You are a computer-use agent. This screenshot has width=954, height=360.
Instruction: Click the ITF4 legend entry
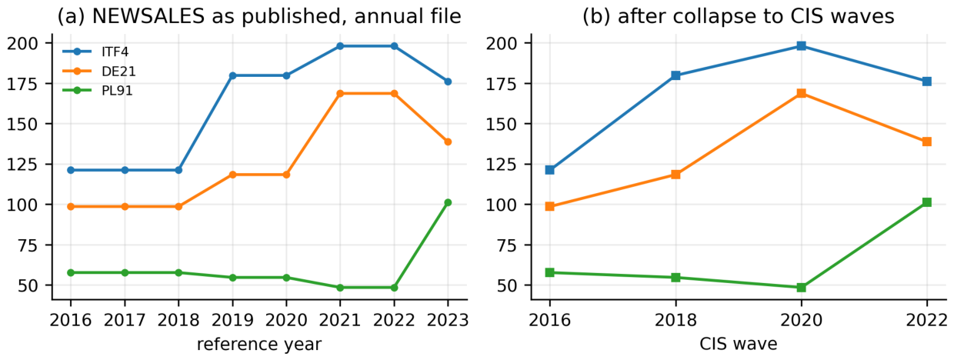coord(96,52)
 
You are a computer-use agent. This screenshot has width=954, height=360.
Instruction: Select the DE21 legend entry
coord(99,72)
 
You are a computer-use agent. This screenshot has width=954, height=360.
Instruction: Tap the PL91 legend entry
coord(98,91)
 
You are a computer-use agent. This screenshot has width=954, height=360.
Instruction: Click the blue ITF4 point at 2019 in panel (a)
coord(232,76)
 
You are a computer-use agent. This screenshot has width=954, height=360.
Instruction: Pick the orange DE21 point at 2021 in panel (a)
coord(340,94)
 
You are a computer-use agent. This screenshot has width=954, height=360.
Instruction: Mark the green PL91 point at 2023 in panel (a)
coord(448,203)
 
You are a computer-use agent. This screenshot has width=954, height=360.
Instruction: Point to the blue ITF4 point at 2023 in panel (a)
coord(448,82)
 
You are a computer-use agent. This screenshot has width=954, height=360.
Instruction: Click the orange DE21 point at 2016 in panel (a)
coord(71,207)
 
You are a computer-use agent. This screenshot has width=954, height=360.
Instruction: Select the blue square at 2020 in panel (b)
coord(801,46)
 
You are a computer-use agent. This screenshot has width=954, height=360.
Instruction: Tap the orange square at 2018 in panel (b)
coord(675,175)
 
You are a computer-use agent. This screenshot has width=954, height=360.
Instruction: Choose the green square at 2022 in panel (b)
coord(927,202)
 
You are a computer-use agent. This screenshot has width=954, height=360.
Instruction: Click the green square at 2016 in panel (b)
coord(550,272)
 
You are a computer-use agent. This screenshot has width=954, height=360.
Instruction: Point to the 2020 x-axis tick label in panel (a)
coord(286,320)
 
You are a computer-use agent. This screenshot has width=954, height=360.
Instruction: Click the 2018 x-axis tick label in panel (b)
coord(675,320)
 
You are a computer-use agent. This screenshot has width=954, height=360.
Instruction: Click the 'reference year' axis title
coord(259,345)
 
